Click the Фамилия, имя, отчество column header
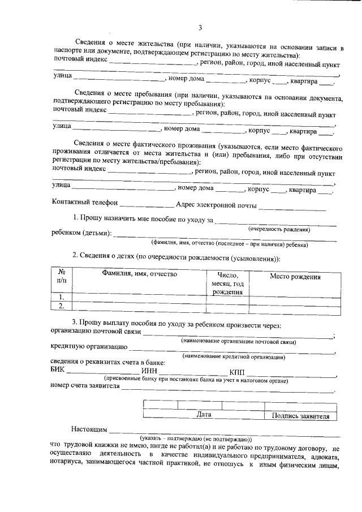(x=140, y=274)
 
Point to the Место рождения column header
(x=295, y=277)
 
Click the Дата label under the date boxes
(x=204, y=415)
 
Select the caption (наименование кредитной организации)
(x=234, y=357)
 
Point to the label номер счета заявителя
(x=85, y=386)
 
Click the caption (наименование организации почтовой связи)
(x=238, y=342)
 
